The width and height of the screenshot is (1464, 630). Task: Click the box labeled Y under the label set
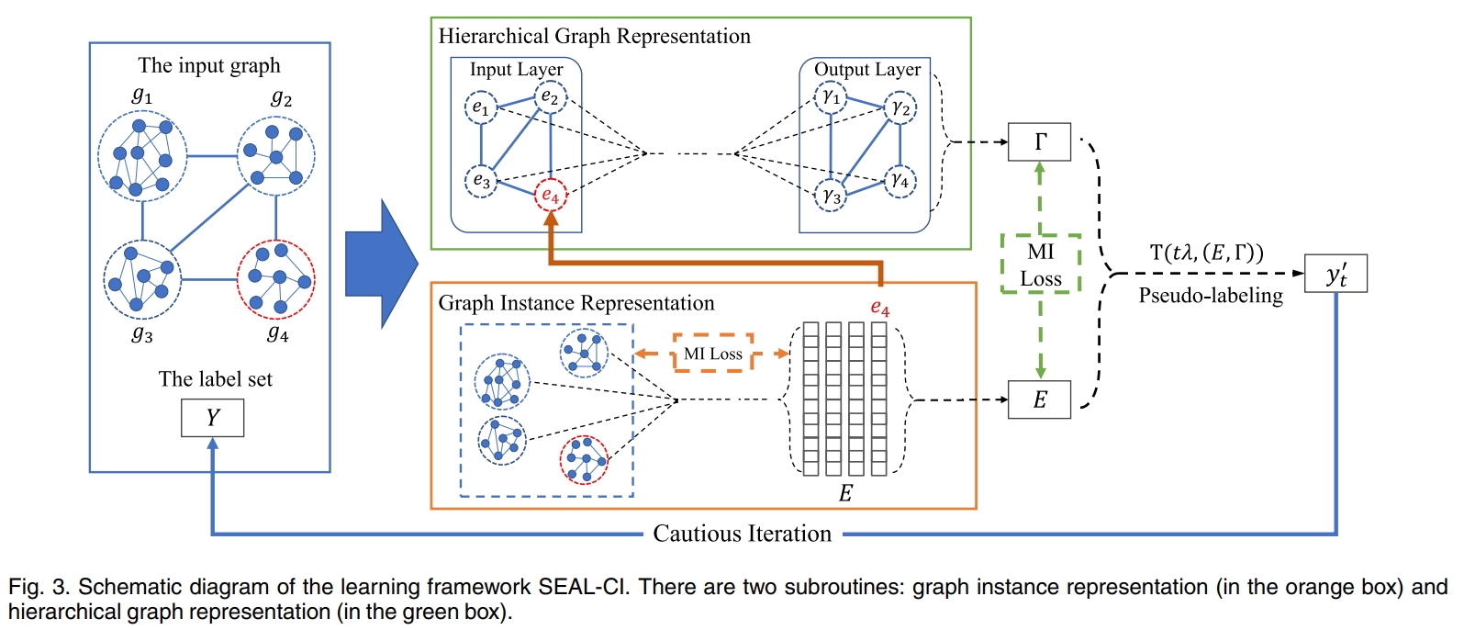coord(212,418)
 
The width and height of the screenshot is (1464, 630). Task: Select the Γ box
coord(1039,141)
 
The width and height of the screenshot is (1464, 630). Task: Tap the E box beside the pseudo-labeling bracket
coord(1039,399)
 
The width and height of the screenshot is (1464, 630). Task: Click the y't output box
coord(1335,274)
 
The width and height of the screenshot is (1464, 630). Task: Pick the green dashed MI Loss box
coord(1040,264)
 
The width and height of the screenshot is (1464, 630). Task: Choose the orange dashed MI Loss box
coord(712,354)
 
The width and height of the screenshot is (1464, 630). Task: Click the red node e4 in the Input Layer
coord(550,195)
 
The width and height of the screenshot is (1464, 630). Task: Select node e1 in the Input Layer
coord(480,107)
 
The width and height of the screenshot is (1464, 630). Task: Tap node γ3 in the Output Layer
coord(831,195)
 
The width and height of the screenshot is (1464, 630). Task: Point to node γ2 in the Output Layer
coord(900,108)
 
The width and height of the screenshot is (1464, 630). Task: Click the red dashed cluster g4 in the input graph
coord(275,279)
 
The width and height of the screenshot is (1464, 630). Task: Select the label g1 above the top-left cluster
coord(142,95)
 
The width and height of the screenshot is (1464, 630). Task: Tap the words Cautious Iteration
coord(742,534)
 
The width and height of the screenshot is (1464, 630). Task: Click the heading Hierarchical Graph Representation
coord(594,37)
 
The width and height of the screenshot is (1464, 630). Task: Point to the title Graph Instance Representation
coord(576,303)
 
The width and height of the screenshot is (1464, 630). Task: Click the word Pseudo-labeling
coord(1210,296)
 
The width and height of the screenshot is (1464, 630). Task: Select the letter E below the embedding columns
coord(845,493)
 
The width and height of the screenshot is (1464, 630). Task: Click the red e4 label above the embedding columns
coord(879,308)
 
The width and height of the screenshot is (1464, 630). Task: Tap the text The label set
coord(215,379)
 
